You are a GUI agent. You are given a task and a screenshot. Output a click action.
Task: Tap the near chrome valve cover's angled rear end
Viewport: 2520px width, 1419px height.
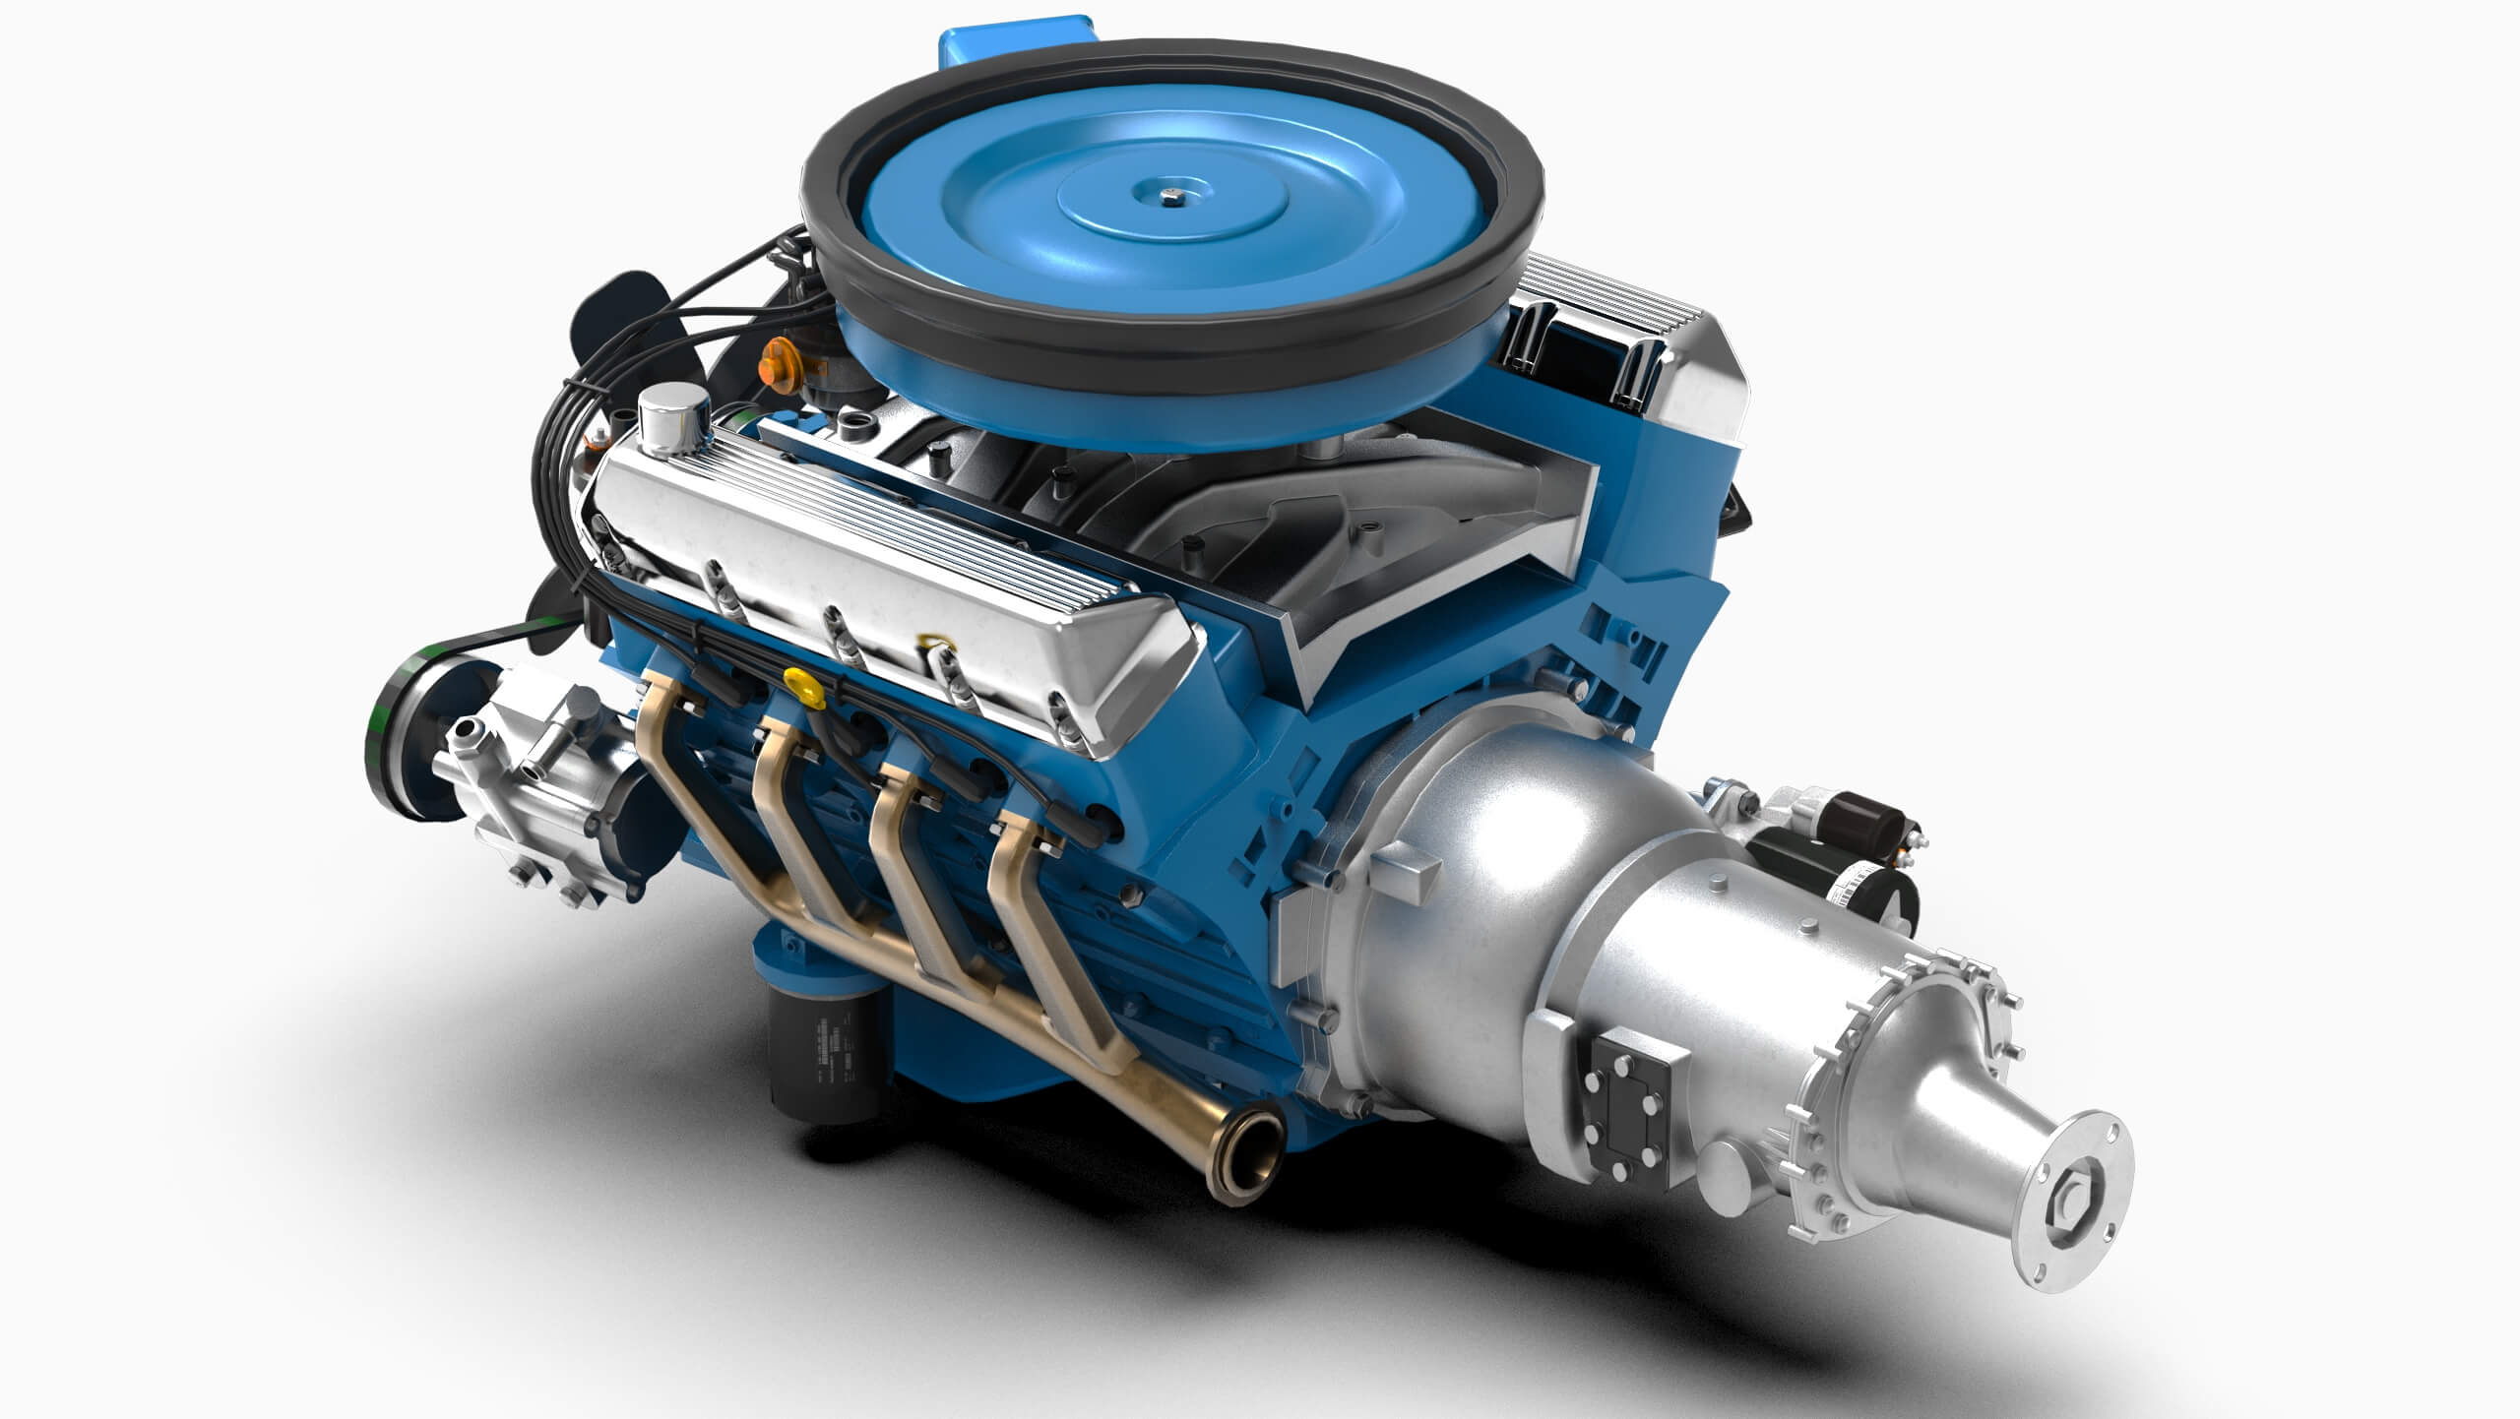(x=1132, y=669)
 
